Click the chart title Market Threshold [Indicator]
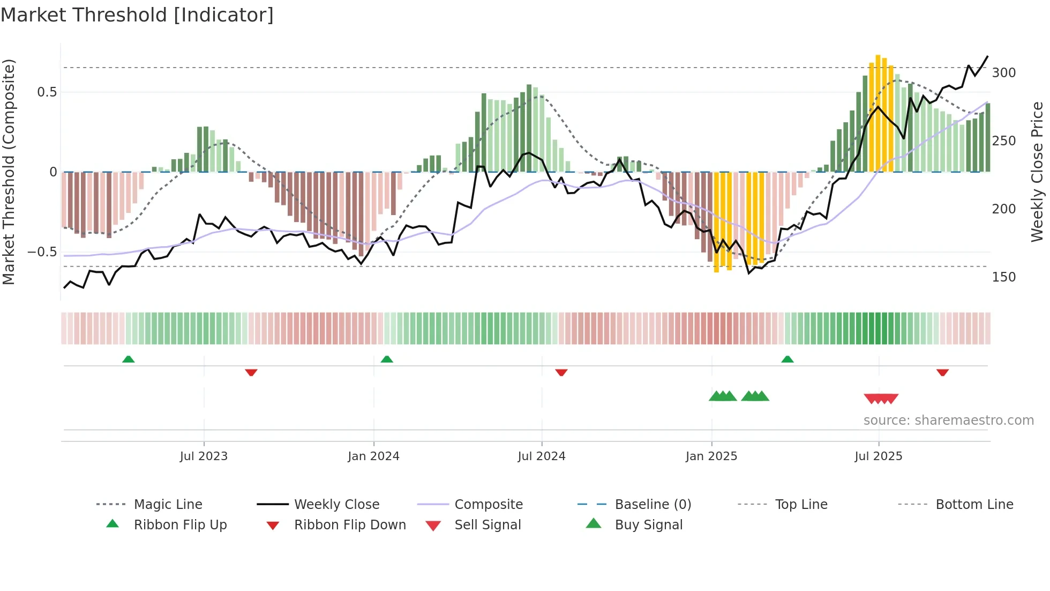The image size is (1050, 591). (x=137, y=15)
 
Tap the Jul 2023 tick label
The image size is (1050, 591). (x=204, y=456)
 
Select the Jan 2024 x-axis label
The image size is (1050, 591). (x=373, y=456)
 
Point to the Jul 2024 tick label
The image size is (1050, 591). (x=542, y=456)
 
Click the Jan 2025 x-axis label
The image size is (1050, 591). (x=711, y=456)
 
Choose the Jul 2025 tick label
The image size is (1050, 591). (x=879, y=456)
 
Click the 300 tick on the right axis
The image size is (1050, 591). (x=1004, y=73)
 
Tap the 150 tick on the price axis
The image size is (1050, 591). (x=1004, y=277)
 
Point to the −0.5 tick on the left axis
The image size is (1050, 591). (x=42, y=252)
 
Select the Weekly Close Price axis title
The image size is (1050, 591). (x=1037, y=172)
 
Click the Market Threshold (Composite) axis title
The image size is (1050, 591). (x=9, y=172)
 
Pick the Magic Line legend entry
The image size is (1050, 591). (x=168, y=505)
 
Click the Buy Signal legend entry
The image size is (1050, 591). (x=648, y=525)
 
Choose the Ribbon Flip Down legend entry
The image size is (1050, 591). (x=350, y=525)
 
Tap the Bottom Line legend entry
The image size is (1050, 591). (x=974, y=505)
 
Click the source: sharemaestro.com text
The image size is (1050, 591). (x=948, y=420)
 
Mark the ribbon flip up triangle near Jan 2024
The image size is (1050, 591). (x=387, y=359)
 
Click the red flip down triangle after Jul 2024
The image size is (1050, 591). (x=561, y=372)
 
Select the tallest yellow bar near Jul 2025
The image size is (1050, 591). (x=878, y=113)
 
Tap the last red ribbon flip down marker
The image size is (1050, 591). (x=943, y=372)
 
